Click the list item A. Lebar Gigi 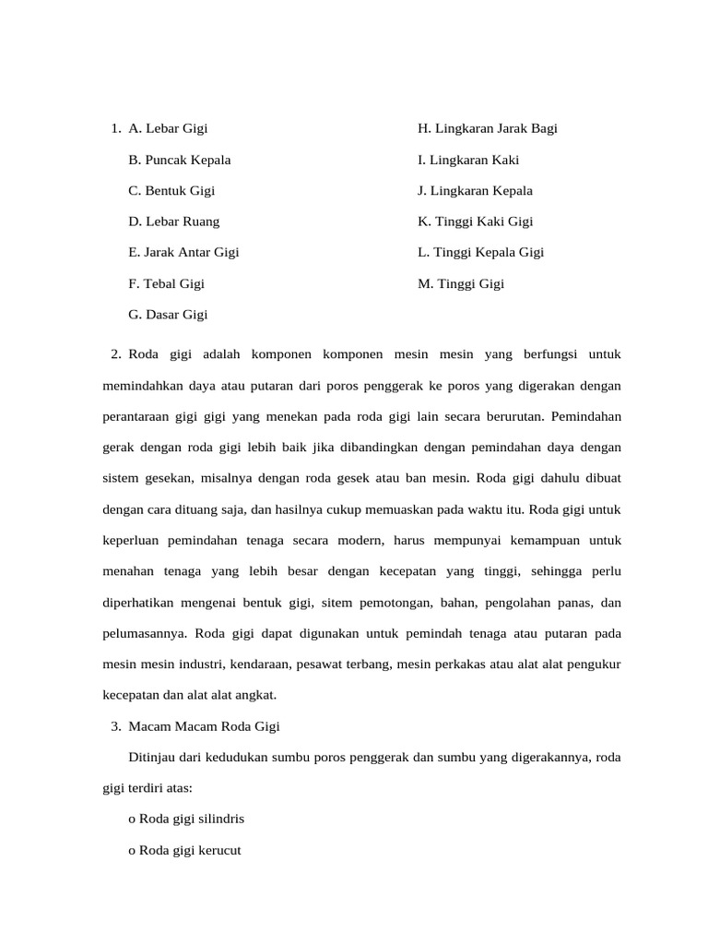168,128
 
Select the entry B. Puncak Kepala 180,160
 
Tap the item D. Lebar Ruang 174,221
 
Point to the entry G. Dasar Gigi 168,315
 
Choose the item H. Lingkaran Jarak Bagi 487,128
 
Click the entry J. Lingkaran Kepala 475,191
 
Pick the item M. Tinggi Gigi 460,284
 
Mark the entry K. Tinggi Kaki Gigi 475,221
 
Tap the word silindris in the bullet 219,819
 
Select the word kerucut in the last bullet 217,851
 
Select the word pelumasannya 145,633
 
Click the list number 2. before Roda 115,353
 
